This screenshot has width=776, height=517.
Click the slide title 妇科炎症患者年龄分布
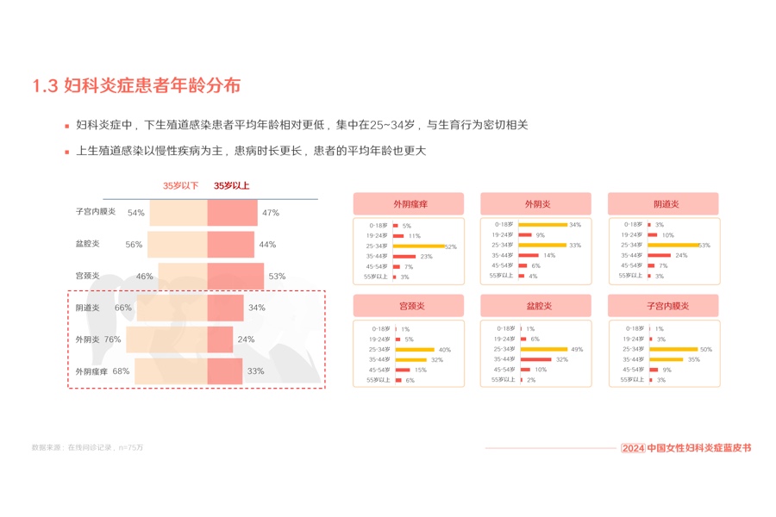coord(136,86)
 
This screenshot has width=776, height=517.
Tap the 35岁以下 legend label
coord(180,185)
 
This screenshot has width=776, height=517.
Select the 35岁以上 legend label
coord(232,185)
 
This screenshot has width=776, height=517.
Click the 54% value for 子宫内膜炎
coord(135,213)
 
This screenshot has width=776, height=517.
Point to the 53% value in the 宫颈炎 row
coord(277,277)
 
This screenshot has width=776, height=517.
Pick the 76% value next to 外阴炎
coord(112,339)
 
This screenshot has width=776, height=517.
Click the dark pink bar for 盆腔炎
coord(231,245)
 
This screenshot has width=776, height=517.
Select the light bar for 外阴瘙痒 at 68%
coord(171,371)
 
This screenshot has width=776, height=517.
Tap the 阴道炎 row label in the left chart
coord(87,308)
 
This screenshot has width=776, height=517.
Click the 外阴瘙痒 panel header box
coord(408,204)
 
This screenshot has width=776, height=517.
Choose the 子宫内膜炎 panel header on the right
coord(663,306)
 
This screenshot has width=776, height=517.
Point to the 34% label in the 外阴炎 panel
coord(575,225)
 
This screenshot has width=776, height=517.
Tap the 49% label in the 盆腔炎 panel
coord(577,350)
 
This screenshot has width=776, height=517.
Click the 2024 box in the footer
coord(633,448)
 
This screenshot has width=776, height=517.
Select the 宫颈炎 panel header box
coord(408,306)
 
